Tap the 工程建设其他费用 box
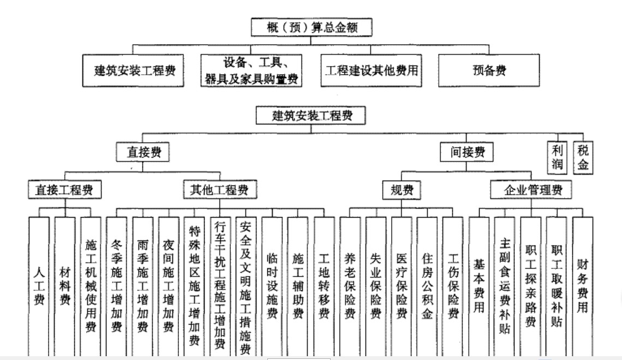(x=372, y=70)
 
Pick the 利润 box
(x=557, y=157)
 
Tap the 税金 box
(x=582, y=157)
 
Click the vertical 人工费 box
(x=39, y=284)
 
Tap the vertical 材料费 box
(x=65, y=284)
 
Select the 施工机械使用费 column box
(x=91, y=284)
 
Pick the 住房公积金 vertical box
(x=427, y=284)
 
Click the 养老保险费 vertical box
(x=350, y=284)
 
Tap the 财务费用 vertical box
(x=582, y=284)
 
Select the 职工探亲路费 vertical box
(x=530, y=284)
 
